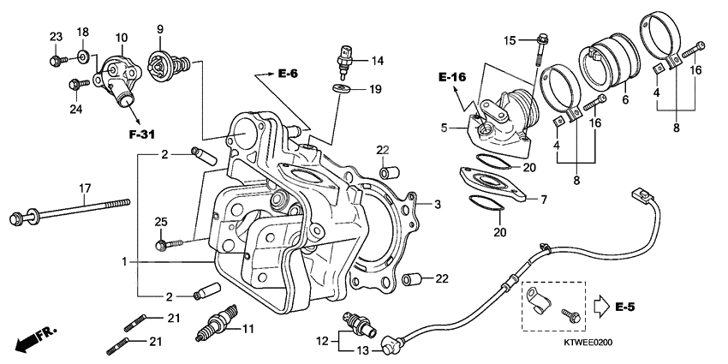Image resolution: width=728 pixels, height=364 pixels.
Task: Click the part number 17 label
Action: pyautogui.click(x=85, y=188)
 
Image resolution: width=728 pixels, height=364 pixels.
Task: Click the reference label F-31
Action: pyautogui.click(x=142, y=134)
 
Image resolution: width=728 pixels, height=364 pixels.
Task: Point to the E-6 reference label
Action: pyautogui.click(x=288, y=75)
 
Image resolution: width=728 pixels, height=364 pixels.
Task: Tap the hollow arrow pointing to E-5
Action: pyautogui.click(x=600, y=305)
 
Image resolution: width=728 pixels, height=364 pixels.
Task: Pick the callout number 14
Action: pyautogui.click(x=378, y=60)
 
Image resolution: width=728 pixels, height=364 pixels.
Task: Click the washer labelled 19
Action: pyautogui.click(x=342, y=88)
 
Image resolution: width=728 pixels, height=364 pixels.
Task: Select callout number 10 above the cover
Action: pyautogui.click(x=122, y=38)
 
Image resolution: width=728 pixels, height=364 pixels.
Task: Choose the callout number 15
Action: pyautogui.click(x=510, y=41)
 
